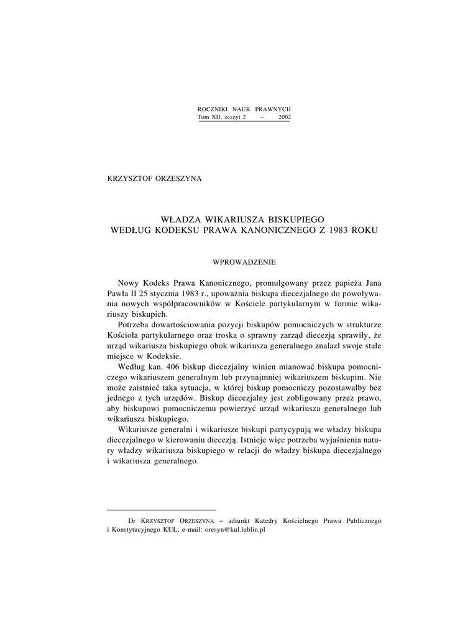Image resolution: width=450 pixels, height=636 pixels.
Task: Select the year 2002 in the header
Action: (283, 117)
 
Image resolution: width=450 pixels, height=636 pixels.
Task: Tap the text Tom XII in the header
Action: (209, 117)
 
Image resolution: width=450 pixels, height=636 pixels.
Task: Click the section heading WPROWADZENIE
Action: (244, 263)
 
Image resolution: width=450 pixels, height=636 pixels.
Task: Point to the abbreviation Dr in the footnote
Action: (131, 520)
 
